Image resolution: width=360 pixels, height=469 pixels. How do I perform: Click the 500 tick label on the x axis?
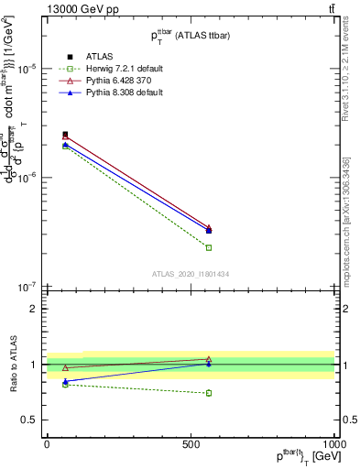pyautogui.click(x=191, y=443)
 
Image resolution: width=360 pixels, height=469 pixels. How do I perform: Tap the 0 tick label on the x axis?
pyautogui.click(x=47, y=443)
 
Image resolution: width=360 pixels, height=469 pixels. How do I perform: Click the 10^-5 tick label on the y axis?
pyautogui.click(x=27, y=69)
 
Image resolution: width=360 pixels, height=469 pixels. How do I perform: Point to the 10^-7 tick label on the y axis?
pyautogui.click(x=27, y=286)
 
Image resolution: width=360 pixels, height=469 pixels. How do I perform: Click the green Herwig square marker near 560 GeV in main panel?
pyautogui.click(x=209, y=247)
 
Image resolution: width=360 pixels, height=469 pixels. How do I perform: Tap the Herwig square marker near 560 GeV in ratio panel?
pyautogui.click(x=209, y=393)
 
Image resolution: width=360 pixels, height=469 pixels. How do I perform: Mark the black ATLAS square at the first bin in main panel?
pyautogui.click(x=65, y=135)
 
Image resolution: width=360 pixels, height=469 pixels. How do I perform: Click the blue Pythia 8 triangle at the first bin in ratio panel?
pyautogui.click(x=65, y=381)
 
